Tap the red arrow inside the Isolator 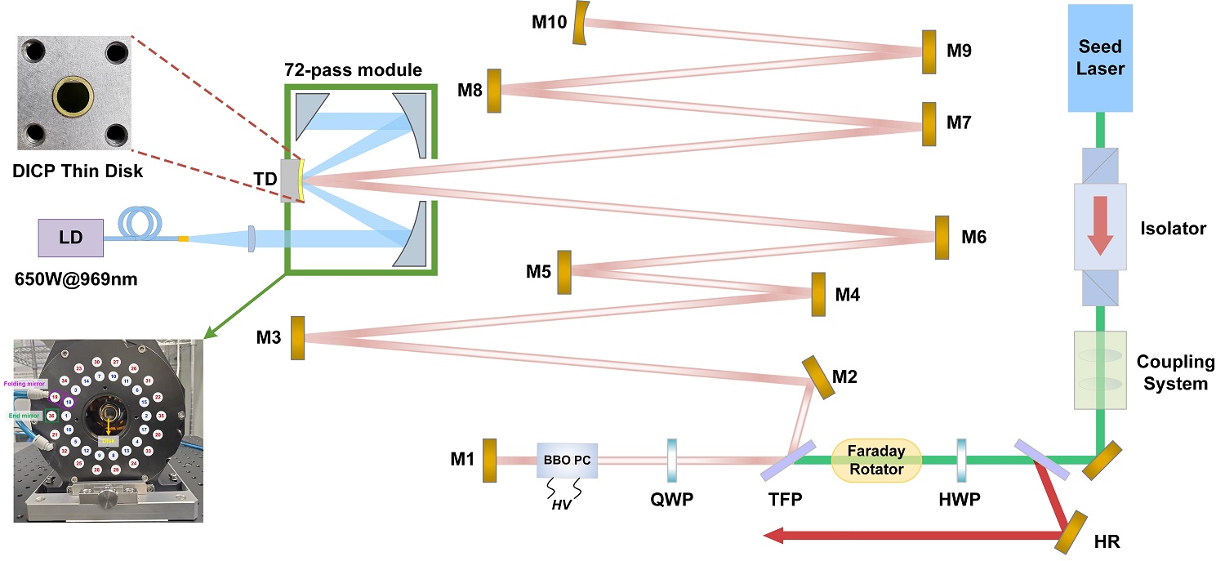(x=1100, y=223)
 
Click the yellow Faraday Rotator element (x=876, y=461)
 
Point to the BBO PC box (x=568, y=461)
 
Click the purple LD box (x=70, y=238)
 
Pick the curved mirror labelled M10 (x=581, y=24)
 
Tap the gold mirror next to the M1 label (x=489, y=461)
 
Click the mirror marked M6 (x=942, y=237)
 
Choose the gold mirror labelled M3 (x=296, y=336)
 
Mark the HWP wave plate (x=962, y=461)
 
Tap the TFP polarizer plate (x=781, y=461)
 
